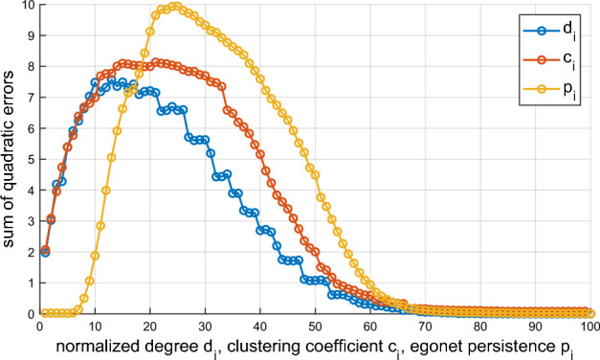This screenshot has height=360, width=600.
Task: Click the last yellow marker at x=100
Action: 593,313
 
